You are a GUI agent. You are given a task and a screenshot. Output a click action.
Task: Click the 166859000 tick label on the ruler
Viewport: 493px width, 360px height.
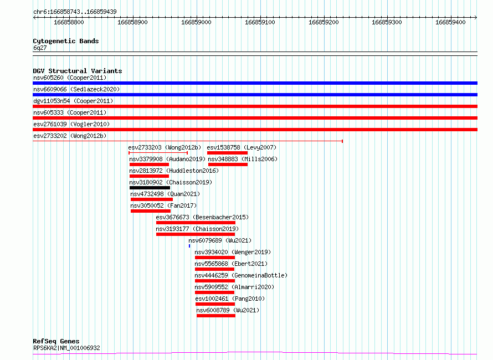(196, 22)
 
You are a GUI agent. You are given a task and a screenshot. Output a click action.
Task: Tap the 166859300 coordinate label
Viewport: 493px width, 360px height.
(387, 22)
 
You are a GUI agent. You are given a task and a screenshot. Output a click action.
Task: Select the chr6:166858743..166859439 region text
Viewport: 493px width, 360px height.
(75, 12)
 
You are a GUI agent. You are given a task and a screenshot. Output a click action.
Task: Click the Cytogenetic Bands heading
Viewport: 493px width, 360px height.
(66, 41)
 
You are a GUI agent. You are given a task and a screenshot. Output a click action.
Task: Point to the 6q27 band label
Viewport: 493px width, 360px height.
(40, 48)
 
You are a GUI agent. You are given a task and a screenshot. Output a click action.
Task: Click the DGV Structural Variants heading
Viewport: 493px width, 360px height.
(78, 71)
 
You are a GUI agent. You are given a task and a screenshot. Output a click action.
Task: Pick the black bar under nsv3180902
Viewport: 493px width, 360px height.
(150, 188)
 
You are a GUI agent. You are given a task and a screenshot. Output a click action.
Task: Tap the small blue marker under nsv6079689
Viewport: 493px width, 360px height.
(189, 246)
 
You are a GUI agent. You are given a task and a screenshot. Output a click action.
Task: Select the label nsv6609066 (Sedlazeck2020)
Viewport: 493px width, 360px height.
(76, 89)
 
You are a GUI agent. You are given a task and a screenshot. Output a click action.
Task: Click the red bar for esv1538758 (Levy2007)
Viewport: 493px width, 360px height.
(227, 153)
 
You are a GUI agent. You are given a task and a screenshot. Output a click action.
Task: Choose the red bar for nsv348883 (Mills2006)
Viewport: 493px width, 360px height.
(228, 164)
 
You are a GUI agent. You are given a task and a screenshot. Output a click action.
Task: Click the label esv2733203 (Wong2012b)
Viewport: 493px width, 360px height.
(165, 147)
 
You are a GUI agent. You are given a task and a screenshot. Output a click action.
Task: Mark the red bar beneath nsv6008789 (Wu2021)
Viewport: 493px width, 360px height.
(216, 316)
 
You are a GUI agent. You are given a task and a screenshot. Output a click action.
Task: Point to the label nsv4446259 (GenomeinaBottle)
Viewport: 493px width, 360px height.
(241, 275)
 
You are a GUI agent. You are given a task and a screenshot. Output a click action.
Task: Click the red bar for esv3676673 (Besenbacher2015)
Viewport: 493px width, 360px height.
(196, 223)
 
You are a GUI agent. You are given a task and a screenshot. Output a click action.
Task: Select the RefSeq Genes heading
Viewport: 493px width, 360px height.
(56, 341)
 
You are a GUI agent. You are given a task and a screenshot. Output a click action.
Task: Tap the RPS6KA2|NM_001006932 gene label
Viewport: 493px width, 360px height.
(66, 348)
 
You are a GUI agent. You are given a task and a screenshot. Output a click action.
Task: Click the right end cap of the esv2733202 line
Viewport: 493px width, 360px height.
(342, 141)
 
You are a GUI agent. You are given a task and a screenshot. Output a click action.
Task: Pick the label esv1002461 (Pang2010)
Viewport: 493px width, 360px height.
(230, 299)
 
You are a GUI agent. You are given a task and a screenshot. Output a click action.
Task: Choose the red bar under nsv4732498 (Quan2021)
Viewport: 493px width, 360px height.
(152, 199)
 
